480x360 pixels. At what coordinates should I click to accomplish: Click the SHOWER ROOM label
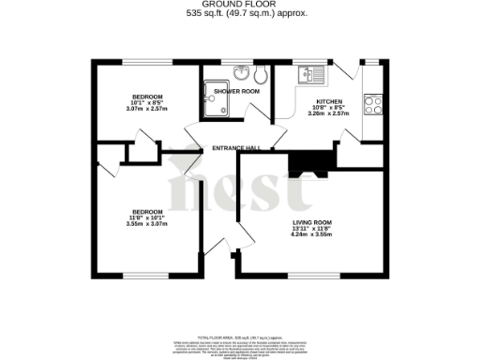[236, 91]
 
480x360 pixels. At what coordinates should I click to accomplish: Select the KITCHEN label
[328, 100]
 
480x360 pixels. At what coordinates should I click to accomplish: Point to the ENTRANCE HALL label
[236, 147]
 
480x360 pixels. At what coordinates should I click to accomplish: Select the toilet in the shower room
[261, 75]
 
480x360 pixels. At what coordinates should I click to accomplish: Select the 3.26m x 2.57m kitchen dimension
[328, 115]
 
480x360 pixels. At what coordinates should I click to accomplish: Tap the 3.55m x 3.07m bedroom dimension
[147, 225]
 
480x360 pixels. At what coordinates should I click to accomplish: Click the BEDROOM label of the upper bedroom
[147, 97]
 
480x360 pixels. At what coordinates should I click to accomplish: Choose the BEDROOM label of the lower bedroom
[147, 211]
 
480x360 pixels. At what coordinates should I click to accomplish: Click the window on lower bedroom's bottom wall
[147, 276]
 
